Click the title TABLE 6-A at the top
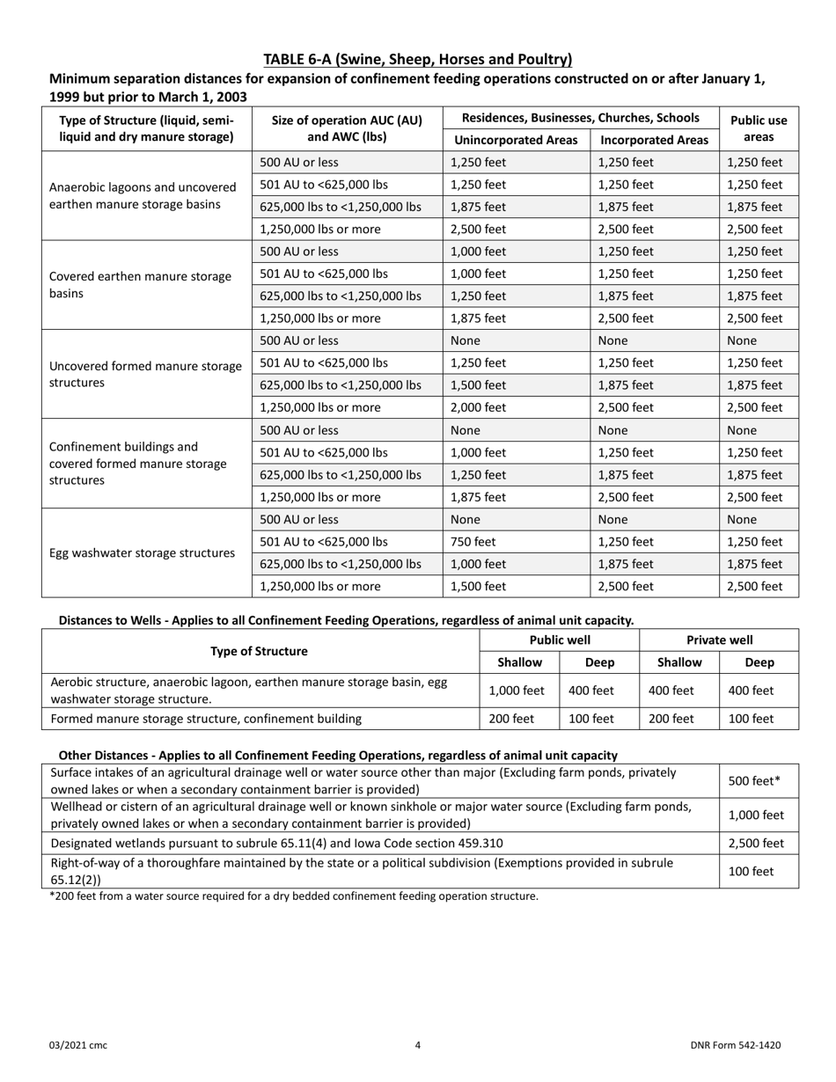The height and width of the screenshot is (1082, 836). pos(418,60)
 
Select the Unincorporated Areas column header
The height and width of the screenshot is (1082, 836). pos(516,140)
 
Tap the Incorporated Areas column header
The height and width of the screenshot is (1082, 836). pos(654,140)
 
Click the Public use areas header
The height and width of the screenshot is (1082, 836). pos(759,128)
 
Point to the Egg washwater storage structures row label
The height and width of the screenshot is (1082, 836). pos(142,553)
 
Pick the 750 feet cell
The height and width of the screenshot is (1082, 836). pos(466,542)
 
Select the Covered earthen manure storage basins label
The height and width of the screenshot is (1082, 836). pos(141,285)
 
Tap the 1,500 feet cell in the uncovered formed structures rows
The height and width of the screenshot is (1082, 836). pos(478,385)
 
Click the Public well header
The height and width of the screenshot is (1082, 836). pos(559,640)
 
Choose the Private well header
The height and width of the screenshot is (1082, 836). pos(719,640)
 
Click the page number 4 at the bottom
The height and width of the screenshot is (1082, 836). pos(418,1045)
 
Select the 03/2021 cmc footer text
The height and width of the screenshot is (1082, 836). pos(78,1045)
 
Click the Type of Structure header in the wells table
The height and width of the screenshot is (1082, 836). pos(260,651)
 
